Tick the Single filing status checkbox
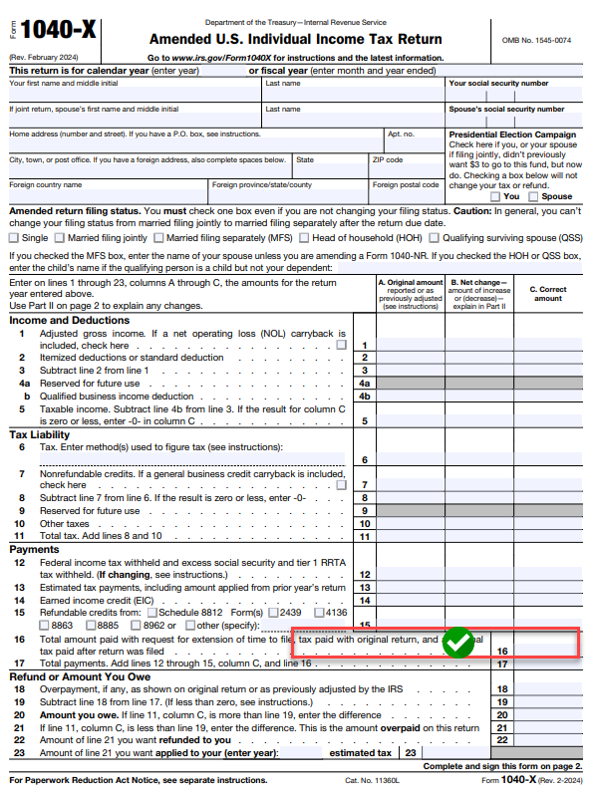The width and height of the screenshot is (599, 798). tap(15, 238)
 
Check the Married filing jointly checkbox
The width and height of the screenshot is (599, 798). tap(60, 238)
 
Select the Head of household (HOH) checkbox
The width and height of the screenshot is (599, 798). tap(305, 238)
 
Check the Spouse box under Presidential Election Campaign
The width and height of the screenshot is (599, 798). tap(532, 197)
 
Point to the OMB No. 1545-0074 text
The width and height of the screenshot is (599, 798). tap(536, 40)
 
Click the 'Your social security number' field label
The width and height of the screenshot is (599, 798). tap(498, 84)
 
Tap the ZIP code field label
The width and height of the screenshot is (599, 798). tap(388, 159)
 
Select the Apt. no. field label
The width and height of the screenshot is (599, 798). tap(400, 133)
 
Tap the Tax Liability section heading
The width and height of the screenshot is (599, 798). tap(40, 434)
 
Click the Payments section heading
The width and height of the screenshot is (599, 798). tap(35, 549)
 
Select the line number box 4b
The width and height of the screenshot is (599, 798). tap(365, 396)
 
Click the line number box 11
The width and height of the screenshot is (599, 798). tap(365, 536)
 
